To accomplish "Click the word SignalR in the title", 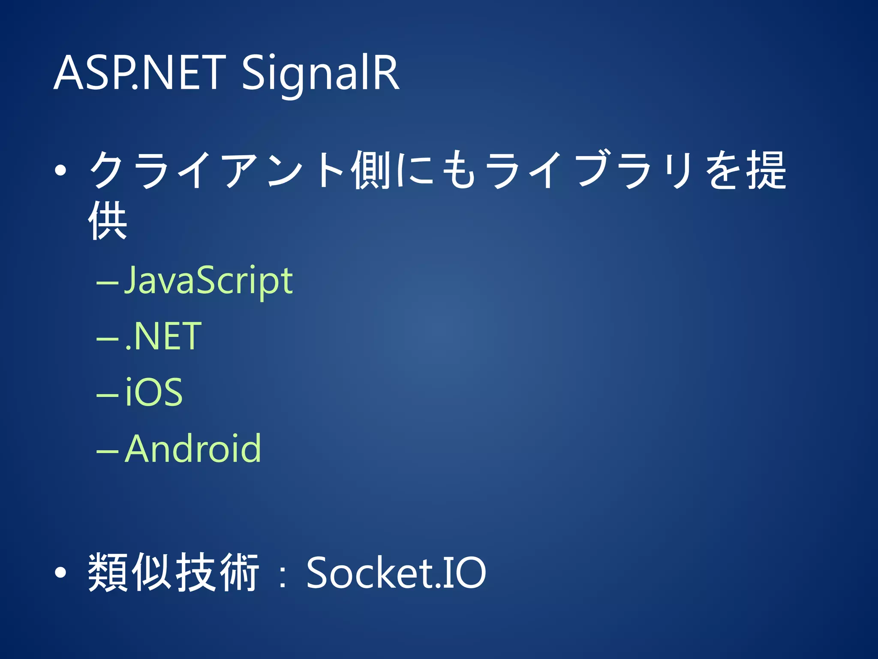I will [x=321, y=74].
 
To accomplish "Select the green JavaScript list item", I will [x=208, y=281].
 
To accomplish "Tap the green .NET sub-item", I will [x=163, y=337].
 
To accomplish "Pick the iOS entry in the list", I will [x=154, y=392].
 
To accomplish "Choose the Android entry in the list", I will [x=193, y=449].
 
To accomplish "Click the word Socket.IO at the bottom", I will [x=396, y=572].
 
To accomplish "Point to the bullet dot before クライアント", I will [x=61, y=171].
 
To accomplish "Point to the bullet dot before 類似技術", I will [x=61, y=572].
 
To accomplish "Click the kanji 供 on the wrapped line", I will [x=108, y=221].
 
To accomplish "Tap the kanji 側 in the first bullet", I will [x=371, y=170].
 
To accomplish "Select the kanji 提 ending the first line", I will [x=767, y=170].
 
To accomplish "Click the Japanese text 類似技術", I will [x=174, y=572].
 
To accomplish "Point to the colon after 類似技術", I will [x=282, y=575].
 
